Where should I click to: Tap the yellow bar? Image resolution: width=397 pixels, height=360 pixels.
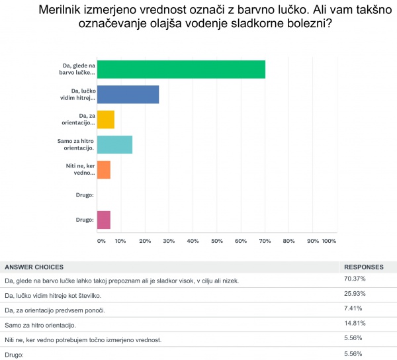[x=105, y=119]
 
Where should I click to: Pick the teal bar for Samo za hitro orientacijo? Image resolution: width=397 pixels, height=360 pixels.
[x=114, y=144]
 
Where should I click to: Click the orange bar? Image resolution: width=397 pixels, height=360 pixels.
[x=103, y=169]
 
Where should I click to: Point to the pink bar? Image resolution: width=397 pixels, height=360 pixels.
[x=103, y=220]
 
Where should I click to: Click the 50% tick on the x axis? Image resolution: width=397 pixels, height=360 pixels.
[x=217, y=241]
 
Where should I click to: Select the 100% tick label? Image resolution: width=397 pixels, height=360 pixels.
[x=329, y=241]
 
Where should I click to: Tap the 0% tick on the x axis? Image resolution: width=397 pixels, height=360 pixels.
[x=101, y=241]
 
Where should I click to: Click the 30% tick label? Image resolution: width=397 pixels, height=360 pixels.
[x=169, y=241]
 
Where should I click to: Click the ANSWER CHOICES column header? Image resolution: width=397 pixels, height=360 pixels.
[x=34, y=267]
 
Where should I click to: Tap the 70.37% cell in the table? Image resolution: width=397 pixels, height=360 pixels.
[x=355, y=279]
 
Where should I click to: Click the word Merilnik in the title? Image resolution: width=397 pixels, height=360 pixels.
[x=66, y=11]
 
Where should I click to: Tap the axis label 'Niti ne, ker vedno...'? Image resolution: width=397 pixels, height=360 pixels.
[x=79, y=169]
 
